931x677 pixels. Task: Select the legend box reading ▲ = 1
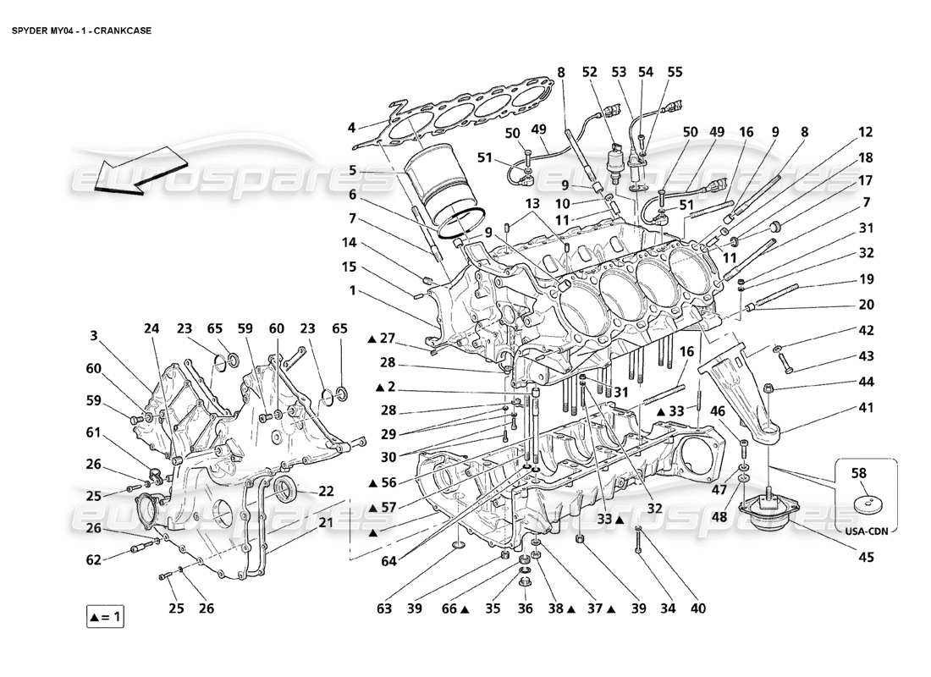[x=105, y=617]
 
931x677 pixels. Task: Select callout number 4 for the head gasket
[x=350, y=129]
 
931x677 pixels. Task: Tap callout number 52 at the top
[x=590, y=73]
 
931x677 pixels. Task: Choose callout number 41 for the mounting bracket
[x=866, y=406]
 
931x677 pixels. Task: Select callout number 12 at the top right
[x=865, y=132]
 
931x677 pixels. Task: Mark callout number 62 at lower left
[x=94, y=559]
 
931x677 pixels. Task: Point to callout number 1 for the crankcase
[x=350, y=290]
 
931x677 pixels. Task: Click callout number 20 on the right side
[x=866, y=305]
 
